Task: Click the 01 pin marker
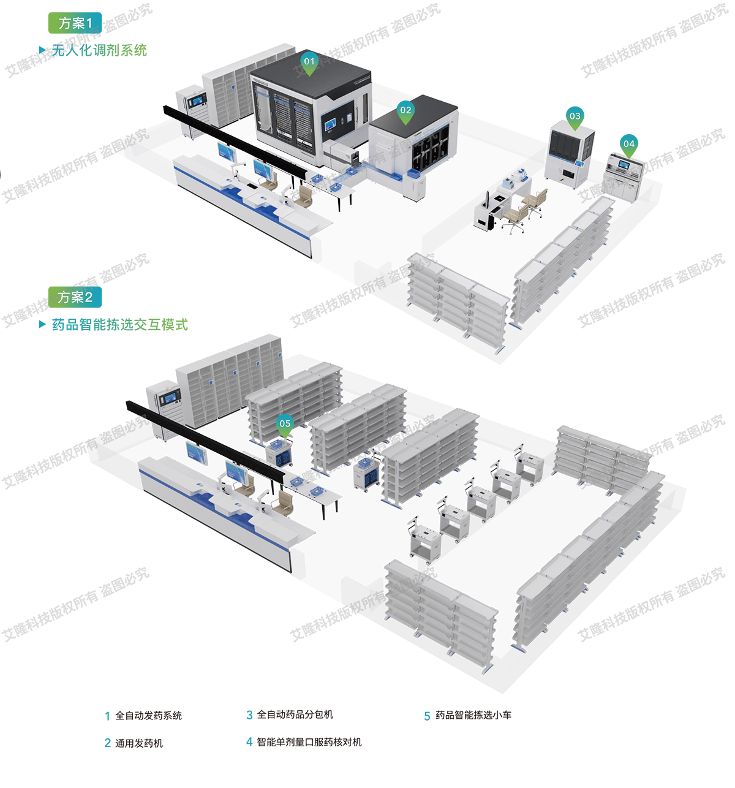[309, 63]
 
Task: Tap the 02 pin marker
[405, 112]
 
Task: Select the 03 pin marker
[575, 118]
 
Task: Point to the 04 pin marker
[628, 146]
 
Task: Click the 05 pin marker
[284, 425]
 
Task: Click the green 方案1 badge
[75, 23]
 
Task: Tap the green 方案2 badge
[75, 297]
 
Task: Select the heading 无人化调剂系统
[99, 50]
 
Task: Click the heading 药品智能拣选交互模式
[119, 325]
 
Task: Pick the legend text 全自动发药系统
[148, 716]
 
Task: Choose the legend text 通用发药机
[139, 743]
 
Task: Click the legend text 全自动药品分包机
[295, 714]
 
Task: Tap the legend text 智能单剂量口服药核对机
[309, 742]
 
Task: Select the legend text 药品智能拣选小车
[473, 715]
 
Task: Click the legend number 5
[427, 716]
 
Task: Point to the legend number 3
[249, 715]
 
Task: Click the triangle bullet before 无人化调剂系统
[42, 50]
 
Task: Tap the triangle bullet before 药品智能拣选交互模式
[42, 324]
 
